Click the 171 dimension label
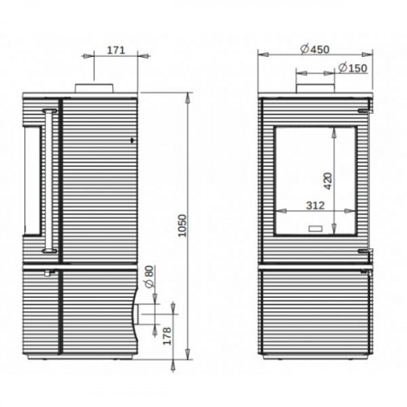tap(116, 50)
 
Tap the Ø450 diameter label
tap(315, 50)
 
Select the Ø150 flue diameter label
tap(352, 68)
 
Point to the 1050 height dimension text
tap(183, 225)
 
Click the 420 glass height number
tap(328, 181)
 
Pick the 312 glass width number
tap(315, 205)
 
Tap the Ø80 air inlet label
tap(150, 276)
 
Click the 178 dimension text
tap(167, 336)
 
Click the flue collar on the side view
tap(94, 88)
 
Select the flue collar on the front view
tap(315, 89)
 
